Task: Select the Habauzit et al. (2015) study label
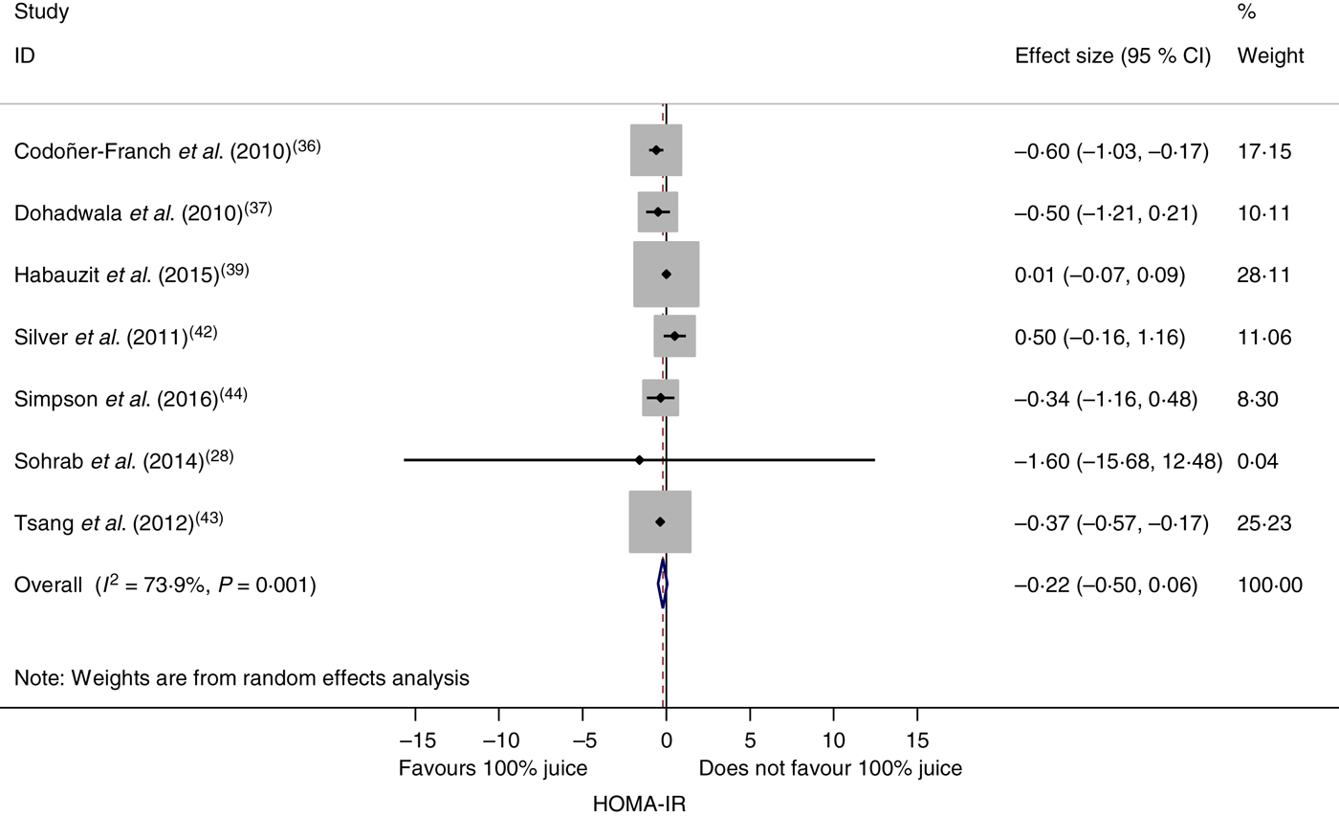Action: click(131, 276)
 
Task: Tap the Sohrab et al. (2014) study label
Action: click(123, 461)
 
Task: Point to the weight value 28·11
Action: click(1263, 276)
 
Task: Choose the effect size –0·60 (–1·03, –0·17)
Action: click(1111, 151)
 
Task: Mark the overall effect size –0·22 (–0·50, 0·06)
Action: click(1106, 584)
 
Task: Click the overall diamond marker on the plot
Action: click(662, 584)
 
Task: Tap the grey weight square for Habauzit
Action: click(667, 275)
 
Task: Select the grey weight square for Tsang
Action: click(660, 521)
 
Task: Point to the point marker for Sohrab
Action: click(639, 460)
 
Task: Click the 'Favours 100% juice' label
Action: click(494, 768)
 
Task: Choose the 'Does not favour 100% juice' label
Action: click(830, 768)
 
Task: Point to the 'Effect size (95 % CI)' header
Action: click(1112, 55)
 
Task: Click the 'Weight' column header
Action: click(1270, 55)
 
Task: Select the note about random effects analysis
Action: click(242, 678)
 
